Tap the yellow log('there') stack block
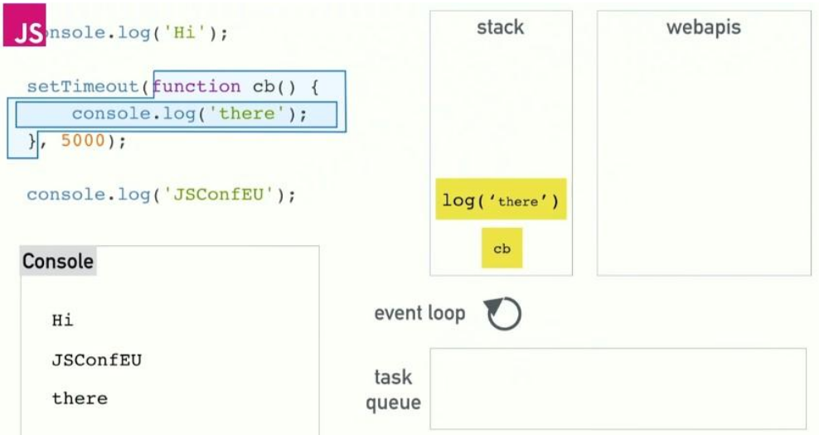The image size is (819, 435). [x=501, y=200]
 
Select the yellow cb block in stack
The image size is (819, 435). [x=502, y=248]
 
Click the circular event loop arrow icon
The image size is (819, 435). [x=503, y=313]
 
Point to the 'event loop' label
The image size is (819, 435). [x=419, y=313]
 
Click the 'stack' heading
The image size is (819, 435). [x=500, y=27]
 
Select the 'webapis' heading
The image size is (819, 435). [x=703, y=27]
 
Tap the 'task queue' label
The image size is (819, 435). [x=393, y=389]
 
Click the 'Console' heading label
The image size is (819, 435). [x=58, y=262]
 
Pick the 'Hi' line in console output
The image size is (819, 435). [x=62, y=321]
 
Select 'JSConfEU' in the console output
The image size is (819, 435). [x=90, y=360]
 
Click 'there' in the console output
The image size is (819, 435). [x=80, y=399]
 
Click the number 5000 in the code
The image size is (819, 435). [x=83, y=141]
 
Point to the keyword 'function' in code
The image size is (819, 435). [x=196, y=86]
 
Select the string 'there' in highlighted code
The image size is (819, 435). [x=248, y=114]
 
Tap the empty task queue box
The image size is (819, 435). [x=618, y=389]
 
